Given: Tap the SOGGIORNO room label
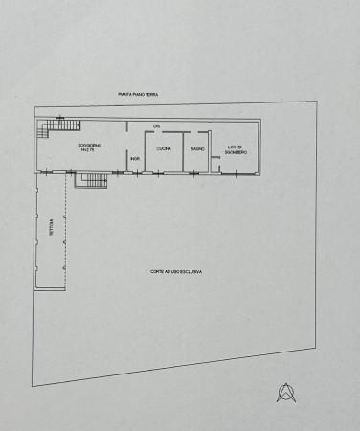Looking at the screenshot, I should coord(92,145).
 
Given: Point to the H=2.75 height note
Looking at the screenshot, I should coord(92,151).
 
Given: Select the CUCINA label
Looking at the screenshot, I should coord(164,149).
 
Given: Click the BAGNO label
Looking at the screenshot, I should coord(196,149).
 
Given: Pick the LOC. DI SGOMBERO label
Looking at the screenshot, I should coord(236,149).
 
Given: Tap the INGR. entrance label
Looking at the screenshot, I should coord(135,158).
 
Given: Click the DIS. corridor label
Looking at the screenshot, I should coord(156,126).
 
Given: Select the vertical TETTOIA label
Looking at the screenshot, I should coord(51,227).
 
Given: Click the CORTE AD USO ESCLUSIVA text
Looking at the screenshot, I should coord(175,272).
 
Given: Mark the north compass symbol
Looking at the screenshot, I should coord(284,391).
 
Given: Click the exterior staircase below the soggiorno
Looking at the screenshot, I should coord(92,180).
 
